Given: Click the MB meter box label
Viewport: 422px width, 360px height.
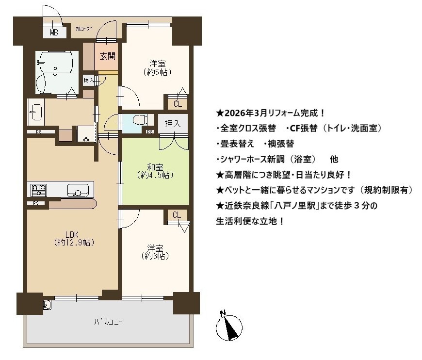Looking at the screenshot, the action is (x=54, y=33).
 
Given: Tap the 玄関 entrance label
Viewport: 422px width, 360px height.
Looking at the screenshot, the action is (x=108, y=56).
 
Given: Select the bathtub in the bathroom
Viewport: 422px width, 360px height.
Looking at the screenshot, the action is (x=56, y=62).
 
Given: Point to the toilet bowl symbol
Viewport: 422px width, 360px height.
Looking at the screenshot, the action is (x=140, y=119).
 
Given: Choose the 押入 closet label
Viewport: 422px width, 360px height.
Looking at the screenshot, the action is (x=173, y=124).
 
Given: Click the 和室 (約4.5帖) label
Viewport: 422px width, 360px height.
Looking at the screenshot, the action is (x=155, y=171).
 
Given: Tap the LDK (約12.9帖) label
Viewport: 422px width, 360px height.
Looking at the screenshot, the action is (x=74, y=239).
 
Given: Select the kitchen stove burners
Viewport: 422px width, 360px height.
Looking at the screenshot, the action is (x=39, y=190).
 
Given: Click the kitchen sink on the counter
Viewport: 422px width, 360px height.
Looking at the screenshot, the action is (x=78, y=190).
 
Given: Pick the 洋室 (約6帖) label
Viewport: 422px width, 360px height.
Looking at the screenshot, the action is (x=155, y=252).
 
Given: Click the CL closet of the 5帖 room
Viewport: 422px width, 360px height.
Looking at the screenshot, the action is (x=178, y=104).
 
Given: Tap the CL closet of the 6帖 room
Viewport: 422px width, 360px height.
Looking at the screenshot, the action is (x=177, y=215).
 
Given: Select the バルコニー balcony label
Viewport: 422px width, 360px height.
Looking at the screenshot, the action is (x=109, y=322).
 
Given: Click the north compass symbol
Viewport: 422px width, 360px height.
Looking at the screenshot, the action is (x=229, y=327).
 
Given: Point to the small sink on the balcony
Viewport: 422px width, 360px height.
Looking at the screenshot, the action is (x=47, y=305).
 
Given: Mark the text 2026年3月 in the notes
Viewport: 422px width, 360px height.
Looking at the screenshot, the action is (x=245, y=113).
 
